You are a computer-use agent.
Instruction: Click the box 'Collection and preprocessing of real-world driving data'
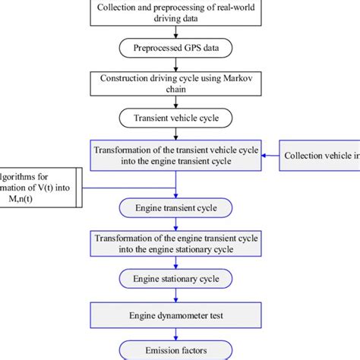click(x=176, y=12)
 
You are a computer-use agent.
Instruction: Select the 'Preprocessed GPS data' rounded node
click(x=176, y=46)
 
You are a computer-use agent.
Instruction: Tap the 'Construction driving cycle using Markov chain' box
click(x=176, y=82)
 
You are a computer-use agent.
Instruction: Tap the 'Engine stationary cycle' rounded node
click(x=176, y=279)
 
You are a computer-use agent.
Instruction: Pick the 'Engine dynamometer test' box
click(x=176, y=313)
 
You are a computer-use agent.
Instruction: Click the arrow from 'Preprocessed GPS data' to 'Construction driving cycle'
click(x=176, y=63)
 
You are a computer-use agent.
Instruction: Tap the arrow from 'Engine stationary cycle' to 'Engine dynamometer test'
click(x=176, y=296)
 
